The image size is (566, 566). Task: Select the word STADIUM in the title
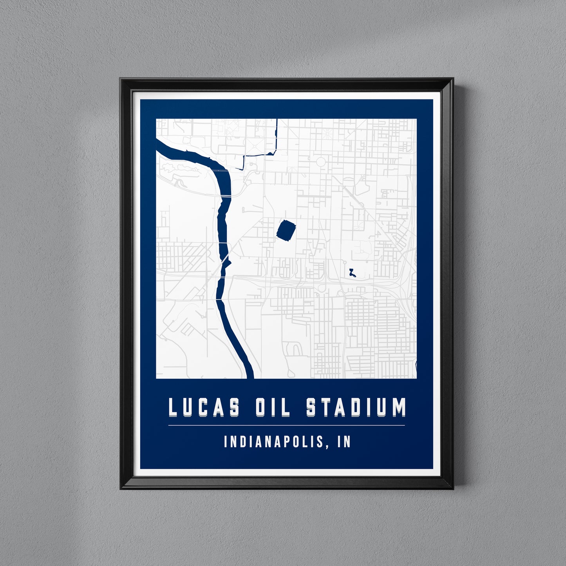pos(356,408)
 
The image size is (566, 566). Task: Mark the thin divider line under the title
pos(286,425)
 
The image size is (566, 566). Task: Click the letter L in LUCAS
pos(174,408)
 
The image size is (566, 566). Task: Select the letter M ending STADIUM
pos(399,408)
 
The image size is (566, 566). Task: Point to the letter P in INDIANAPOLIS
pos(289,442)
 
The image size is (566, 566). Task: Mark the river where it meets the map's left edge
pos(158,145)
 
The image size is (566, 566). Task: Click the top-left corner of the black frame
pos(121,80)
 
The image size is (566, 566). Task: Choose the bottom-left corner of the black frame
pos(121,488)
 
